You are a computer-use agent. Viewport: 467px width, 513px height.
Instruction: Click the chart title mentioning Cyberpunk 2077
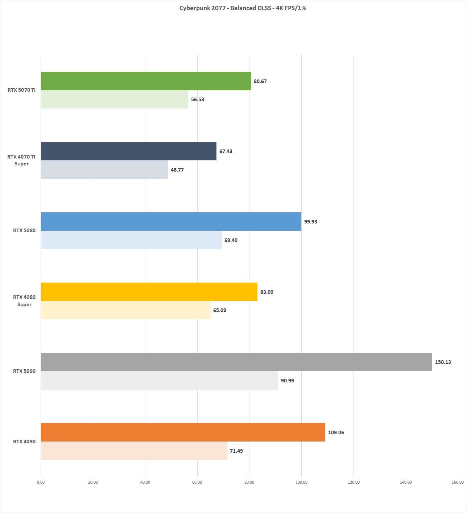click(x=243, y=8)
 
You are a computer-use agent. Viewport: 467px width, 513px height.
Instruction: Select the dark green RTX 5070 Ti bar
click(x=146, y=81)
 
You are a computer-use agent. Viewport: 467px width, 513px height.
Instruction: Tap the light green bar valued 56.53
click(x=114, y=99)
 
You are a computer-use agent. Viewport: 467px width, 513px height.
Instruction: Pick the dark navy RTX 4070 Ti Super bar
click(x=128, y=151)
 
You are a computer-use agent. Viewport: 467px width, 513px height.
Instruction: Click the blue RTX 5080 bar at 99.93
click(x=171, y=221)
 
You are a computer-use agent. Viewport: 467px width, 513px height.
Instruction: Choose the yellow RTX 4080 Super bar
click(x=149, y=292)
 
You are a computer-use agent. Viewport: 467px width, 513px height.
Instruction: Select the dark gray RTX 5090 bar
click(x=236, y=362)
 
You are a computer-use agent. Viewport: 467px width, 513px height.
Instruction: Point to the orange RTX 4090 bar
click(x=183, y=432)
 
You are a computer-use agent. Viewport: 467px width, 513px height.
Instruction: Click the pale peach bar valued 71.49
click(x=134, y=451)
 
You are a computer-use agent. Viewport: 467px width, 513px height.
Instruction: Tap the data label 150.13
click(x=443, y=362)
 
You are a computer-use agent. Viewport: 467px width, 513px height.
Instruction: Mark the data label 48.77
click(x=177, y=170)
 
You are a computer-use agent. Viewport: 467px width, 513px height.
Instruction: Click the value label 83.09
click(x=266, y=292)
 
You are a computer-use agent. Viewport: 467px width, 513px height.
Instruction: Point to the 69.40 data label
click(x=231, y=240)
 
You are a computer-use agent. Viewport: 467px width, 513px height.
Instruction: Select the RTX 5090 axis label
click(x=24, y=371)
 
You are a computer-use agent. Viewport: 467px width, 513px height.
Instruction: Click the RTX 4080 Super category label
click(x=24, y=301)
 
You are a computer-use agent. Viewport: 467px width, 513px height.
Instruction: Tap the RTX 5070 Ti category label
click(x=21, y=90)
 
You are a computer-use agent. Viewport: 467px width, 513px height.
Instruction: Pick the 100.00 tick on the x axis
click(x=301, y=482)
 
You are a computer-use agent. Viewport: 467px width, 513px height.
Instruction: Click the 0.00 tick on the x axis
click(x=41, y=482)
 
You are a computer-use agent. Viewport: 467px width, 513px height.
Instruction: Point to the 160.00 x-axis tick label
click(x=458, y=482)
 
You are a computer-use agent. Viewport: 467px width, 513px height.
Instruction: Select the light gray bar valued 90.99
click(x=159, y=381)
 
